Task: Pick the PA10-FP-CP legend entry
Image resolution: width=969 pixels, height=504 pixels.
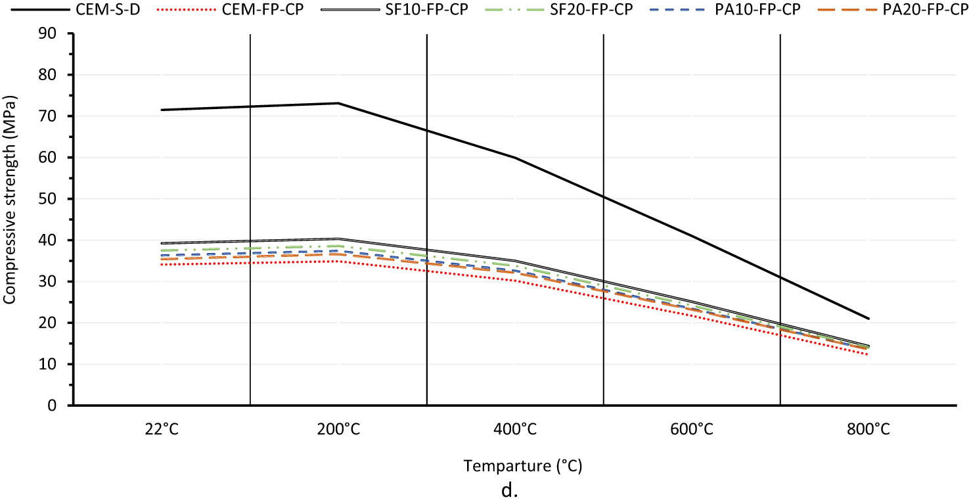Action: pyautogui.click(x=760, y=11)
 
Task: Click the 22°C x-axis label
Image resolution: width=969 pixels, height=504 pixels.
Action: pyautogui.click(x=162, y=430)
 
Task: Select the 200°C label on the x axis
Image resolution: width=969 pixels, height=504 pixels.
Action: pyautogui.click(x=338, y=430)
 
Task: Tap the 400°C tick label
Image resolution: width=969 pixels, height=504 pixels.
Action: pyautogui.click(x=514, y=430)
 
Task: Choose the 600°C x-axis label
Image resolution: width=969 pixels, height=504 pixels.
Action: pyautogui.click(x=691, y=430)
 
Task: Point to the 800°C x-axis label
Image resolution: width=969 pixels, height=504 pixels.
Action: pyautogui.click(x=868, y=430)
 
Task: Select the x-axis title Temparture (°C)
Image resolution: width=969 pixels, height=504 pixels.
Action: pyautogui.click(x=523, y=467)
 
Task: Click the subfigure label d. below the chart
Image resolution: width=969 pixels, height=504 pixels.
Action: pyautogui.click(x=510, y=491)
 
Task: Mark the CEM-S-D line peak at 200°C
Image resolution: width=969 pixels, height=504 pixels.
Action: pyautogui.click(x=338, y=103)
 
